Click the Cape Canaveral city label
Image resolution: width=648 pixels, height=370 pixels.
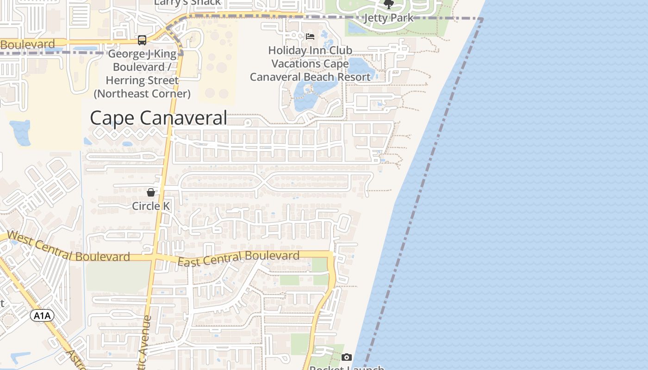click(x=158, y=118)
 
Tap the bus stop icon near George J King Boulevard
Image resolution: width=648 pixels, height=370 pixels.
click(x=142, y=40)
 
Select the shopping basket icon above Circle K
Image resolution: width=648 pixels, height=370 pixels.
click(x=151, y=192)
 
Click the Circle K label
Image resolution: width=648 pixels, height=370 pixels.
click(x=151, y=206)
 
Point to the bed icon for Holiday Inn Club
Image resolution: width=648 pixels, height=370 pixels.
click(x=310, y=37)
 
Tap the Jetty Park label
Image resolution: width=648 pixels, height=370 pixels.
click(x=388, y=18)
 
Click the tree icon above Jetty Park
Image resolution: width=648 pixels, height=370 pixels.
click(x=389, y=5)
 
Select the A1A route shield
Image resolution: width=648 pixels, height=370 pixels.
click(x=42, y=316)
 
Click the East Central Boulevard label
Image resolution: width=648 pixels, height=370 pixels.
click(x=238, y=259)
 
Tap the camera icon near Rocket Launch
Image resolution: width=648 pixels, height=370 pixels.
click(x=347, y=357)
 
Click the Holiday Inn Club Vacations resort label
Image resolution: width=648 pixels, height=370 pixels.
click(x=310, y=63)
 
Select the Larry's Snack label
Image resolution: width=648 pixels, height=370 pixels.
click(x=187, y=3)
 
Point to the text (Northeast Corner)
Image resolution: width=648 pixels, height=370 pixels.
click(x=142, y=93)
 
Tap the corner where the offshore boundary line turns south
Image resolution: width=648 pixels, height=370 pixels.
click(x=482, y=19)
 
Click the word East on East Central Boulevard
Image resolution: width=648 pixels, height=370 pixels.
click(x=188, y=262)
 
